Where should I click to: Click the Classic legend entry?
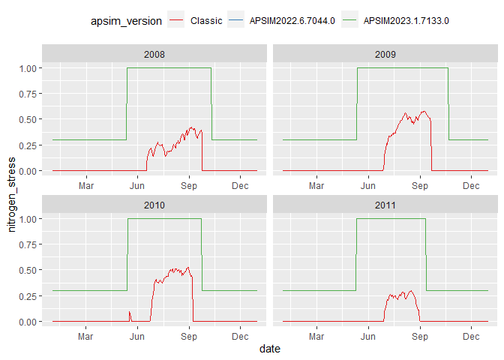tap(206, 21)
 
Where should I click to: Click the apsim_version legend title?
tap(131, 21)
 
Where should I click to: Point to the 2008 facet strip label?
tap(154, 55)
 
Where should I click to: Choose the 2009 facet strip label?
tap(385, 55)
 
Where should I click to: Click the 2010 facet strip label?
tap(154, 205)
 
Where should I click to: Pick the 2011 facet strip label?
tap(385, 205)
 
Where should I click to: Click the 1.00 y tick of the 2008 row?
tap(28, 68)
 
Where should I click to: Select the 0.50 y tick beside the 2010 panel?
tap(28, 270)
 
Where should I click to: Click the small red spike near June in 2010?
tap(130, 313)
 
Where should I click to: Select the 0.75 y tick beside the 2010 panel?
tap(28, 244)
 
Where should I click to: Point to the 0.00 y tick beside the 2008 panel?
tap(28, 171)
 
